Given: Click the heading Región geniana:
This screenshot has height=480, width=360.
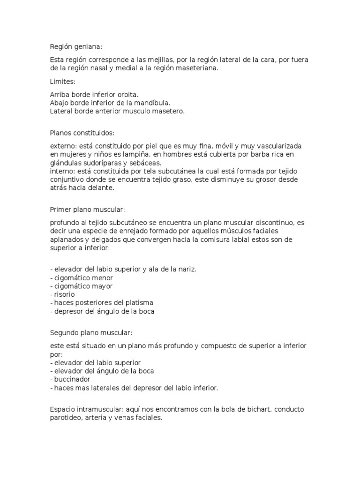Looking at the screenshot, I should point(75,47).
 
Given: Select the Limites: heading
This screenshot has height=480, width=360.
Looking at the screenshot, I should point(62,82).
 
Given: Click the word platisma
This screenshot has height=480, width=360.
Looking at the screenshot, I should point(140,303).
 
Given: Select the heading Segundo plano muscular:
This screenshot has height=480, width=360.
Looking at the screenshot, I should point(91,332).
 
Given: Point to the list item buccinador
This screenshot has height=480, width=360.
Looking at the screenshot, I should point(72,379).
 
